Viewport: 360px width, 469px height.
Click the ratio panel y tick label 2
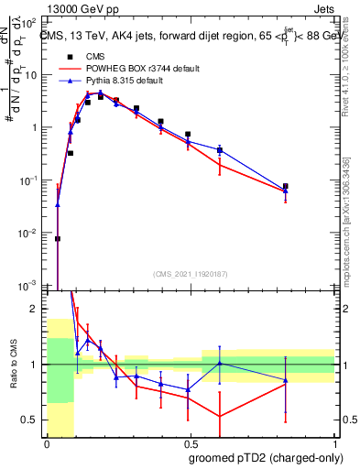[36, 310]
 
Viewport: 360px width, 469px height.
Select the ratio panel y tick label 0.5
[33, 420]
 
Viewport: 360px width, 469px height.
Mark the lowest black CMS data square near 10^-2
[58, 238]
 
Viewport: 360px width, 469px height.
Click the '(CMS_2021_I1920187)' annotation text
[190, 273]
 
